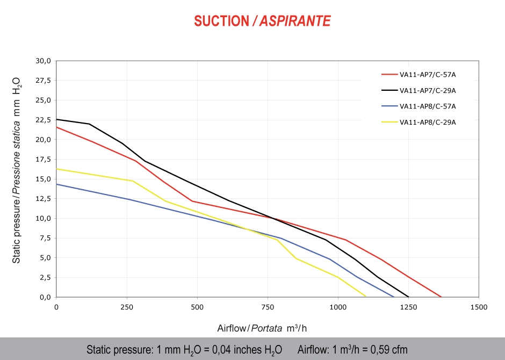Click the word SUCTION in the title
point(221,21)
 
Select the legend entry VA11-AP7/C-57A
point(428,75)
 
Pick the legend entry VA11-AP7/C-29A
point(428,91)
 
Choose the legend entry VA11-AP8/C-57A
point(428,106)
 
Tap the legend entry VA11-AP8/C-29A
point(428,122)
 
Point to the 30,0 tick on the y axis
point(44,61)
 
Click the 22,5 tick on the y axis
point(44,120)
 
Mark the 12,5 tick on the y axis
point(44,199)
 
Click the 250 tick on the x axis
point(127,307)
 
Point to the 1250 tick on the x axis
point(408,307)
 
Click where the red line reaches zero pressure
point(441,297)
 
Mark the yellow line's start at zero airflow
point(57,169)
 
